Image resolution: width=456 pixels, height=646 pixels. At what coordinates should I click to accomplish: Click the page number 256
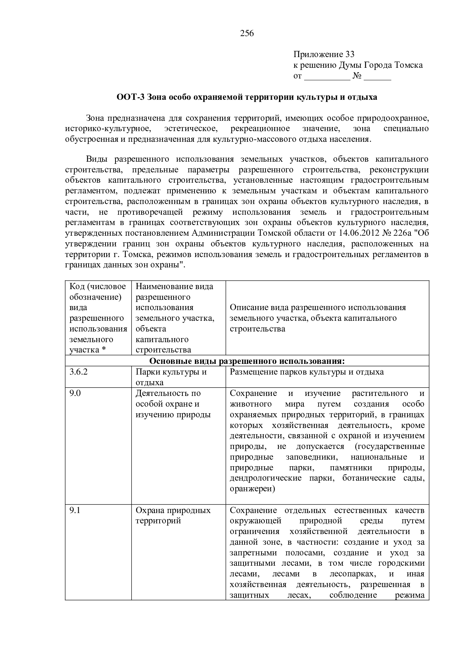click(247, 34)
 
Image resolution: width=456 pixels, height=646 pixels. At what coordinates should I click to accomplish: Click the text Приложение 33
click(324, 55)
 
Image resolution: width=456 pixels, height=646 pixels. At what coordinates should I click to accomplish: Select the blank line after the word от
click(327, 77)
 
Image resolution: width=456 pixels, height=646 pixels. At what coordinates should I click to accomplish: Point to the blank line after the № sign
click(378, 77)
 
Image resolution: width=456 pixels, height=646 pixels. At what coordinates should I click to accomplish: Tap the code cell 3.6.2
click(79, 372)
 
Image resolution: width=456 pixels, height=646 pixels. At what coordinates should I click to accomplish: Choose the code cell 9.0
click(75, 393)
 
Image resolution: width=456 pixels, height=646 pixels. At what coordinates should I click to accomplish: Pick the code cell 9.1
click(75, 510)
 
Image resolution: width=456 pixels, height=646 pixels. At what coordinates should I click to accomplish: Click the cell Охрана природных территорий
click(173, 516)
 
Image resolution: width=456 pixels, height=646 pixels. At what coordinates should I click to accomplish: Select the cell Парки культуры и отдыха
click(171, 377)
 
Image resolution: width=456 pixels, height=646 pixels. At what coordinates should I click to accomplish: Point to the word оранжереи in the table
click(251, 489)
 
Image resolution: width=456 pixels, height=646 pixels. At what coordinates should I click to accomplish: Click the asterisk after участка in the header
click(104, 350)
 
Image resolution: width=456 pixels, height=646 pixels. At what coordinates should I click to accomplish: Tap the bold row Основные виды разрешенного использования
click(247, 361)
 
